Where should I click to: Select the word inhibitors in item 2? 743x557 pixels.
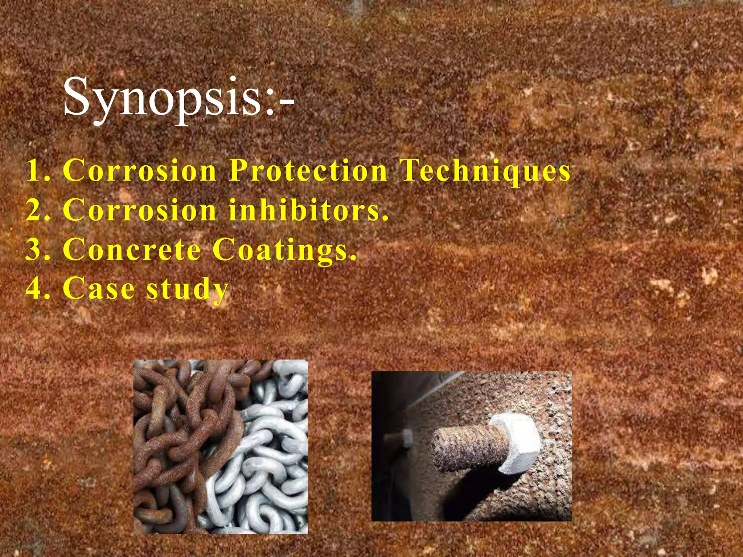click(308, 210)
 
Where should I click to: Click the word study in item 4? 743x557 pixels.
click(188, 289)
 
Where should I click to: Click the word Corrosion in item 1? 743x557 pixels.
click(140, 170)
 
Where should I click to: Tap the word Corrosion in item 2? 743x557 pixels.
click(140, 210)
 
